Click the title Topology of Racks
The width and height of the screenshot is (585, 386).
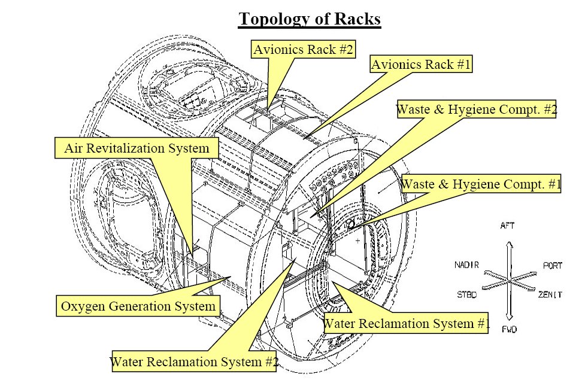[x=310, y=19]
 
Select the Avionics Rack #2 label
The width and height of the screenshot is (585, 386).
[x=302, y=49]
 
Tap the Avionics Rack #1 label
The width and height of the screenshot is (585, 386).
[x=421, y=64]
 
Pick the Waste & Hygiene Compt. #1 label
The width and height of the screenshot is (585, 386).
[x=481, y=184]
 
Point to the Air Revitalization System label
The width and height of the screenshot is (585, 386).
[x=137, y=148]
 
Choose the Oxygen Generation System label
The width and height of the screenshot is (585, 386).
[x=138, y=306]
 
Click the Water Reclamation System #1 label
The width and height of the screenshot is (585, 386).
[x=407, y=324]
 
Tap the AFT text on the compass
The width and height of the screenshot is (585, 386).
[x=507, y=226]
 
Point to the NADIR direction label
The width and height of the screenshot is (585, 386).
[x=466, y=265]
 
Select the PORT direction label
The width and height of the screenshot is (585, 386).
[x=552, y=265]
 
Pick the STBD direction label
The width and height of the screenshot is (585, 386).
[x=467, y=294]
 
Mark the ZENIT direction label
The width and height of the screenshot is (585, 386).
[x=550, y=294]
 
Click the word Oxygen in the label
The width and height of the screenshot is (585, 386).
[x=81, y=307]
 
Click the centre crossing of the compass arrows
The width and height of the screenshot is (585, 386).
[x=508, y=280]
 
